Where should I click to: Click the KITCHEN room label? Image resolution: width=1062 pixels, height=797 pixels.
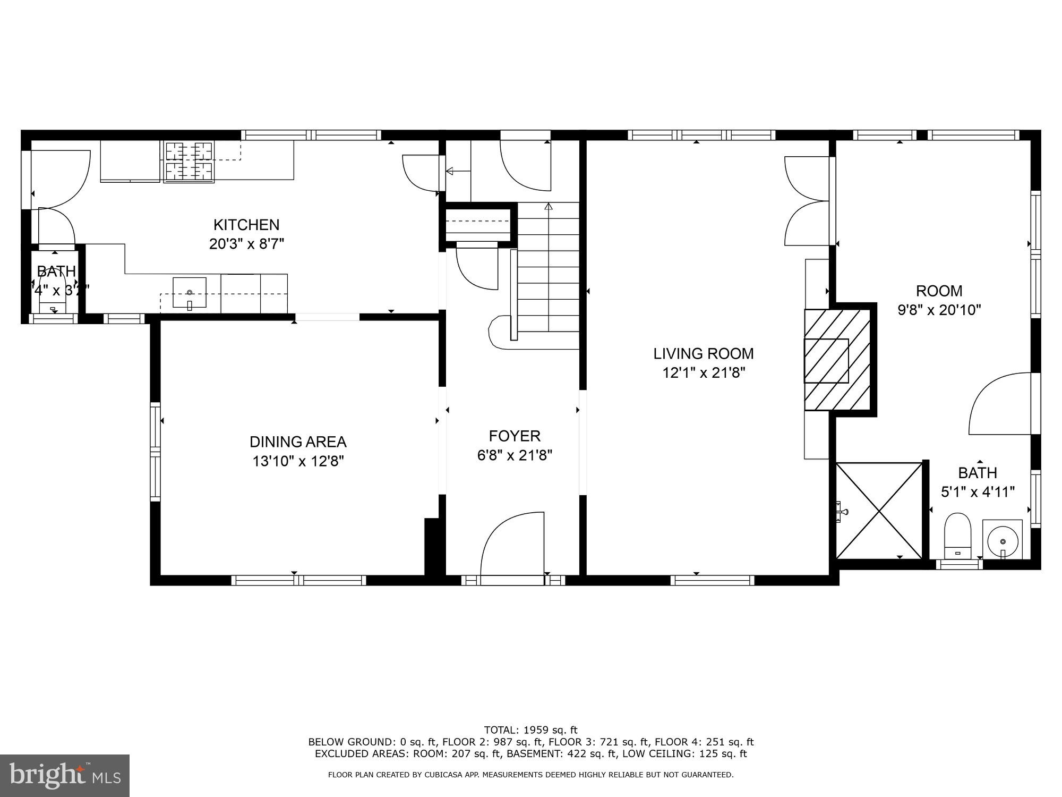click(x=246, y=225)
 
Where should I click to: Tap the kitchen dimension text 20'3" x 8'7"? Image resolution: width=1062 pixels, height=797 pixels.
click(x=246, y=244)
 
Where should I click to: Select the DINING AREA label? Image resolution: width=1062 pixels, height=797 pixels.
click(x=298, y=442)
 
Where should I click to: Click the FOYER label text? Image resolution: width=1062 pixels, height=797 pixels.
click(x=515, y=436)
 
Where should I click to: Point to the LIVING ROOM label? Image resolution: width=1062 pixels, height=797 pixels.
click(x=703, y=353)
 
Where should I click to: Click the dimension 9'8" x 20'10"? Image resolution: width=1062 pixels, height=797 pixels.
click(x=939, y=310)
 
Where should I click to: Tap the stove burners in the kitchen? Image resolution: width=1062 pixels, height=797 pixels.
click(x=189, y=161)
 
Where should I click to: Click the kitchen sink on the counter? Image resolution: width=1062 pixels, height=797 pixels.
click(x=190, y=292)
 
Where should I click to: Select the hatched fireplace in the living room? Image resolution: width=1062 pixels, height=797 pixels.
click(x=837, y=360)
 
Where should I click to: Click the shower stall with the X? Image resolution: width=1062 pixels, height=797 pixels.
click(x=879, y=511)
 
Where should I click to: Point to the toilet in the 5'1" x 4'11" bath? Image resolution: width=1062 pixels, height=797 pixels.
click(x=957, y=534)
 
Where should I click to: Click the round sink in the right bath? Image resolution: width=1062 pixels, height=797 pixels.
click(x=1003, y=540)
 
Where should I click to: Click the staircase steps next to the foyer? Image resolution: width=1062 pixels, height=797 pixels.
click(x=548, y=276)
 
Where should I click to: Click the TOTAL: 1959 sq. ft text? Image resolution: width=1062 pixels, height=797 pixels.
click(x=530, y=730)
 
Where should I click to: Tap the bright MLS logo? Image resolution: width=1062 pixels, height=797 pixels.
click(x=65, y=775)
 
